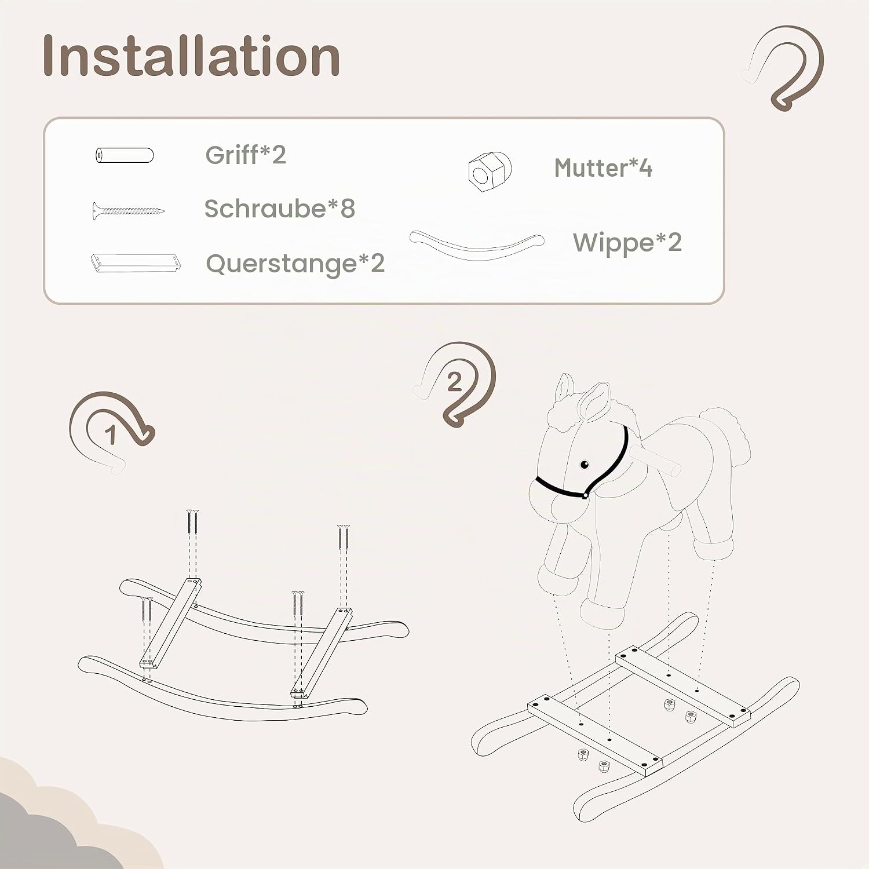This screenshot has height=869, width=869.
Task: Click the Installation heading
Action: pyautogui.click(x=191, y=56)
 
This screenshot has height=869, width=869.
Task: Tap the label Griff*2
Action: pyautogui.click(x=246, y=155)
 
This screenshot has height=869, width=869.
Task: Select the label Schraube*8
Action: pyautogui.click(x=280, y=209)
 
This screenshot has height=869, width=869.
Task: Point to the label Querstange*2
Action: pyautogui.click(x=295, y=264)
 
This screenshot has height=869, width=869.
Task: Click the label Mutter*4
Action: pyautogui.click(x=603, y=168)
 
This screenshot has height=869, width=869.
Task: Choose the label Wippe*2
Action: pyautogui.click(x=627, y=243)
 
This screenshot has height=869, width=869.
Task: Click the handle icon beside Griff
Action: pyautogui.click(x=125, y=155)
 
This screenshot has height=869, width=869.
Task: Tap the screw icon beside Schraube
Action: pyautogui.click(x=128, y=211)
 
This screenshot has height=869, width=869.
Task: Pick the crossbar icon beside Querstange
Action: pyautogui.click(x=136, y=262)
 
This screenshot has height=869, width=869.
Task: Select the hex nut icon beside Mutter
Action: pyautogui.click(x=490, y=171)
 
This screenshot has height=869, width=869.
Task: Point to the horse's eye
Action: pyautogui.click(x=584, y=464)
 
